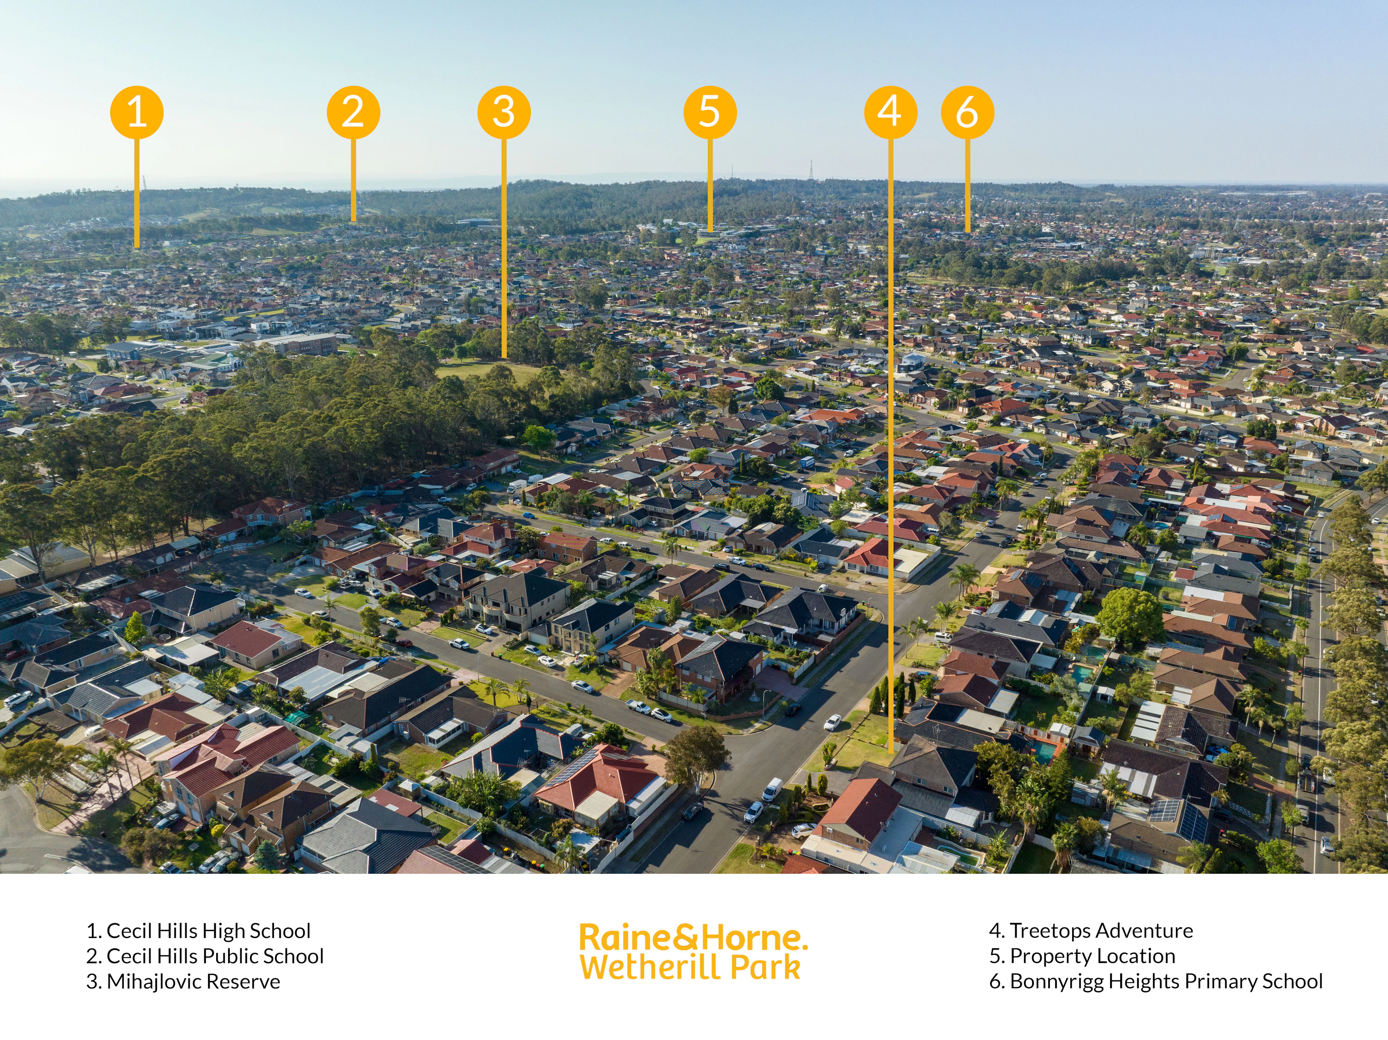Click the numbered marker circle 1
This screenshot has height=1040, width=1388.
click(x=137, y=112)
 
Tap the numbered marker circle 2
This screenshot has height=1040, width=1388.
click(x=353, y=112)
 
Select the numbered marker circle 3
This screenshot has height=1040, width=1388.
click(x=504, y=112)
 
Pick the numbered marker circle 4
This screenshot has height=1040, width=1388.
click(x=891, y=112)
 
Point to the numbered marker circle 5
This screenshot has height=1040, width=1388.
click(x=710, y=112)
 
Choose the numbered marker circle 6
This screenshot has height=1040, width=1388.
click(x=967, y=112)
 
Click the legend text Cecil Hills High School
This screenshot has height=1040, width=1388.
click(x=209, y=931)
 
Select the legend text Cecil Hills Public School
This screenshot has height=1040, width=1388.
click(x=215, y=956)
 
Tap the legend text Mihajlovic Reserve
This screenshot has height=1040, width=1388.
click(x=193, y=981)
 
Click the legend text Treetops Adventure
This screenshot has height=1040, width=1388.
click(x=1101, y=931)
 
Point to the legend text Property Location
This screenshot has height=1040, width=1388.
click(x=1093, y=956)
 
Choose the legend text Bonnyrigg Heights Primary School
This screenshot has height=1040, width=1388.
click(x=1166, y=981)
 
